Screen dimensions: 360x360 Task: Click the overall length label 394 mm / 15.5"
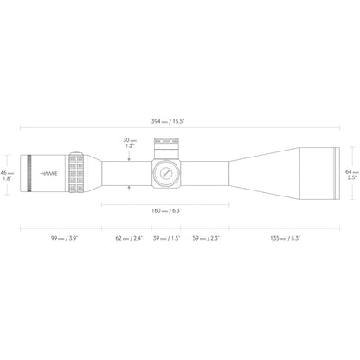pos(168,121)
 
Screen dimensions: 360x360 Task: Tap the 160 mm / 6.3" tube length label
pos(166,211)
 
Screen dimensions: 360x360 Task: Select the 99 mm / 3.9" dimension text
pos(65,238)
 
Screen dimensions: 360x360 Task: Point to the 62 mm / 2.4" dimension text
pos(129,238)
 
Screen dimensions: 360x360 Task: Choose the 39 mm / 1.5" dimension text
pos(166,238)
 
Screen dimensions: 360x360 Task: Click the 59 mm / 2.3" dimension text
pos(206,238)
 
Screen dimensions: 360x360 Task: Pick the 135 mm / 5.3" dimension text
pos(286,238)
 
